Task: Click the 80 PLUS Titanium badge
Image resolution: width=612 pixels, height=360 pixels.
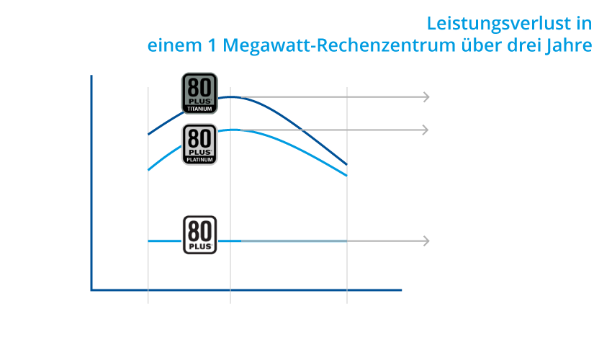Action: click(199, 94)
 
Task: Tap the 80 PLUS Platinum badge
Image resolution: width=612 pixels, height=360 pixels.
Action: click(199, 145)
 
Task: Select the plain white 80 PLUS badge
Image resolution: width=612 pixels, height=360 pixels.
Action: click(199, 235)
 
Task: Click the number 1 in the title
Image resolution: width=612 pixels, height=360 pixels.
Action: click(212, 45)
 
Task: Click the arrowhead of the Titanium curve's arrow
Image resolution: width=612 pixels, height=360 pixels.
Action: click(427, 96)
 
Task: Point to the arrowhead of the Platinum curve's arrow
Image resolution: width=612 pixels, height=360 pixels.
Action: click(426, 130)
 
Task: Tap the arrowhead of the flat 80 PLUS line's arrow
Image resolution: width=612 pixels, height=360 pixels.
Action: click(427, 241)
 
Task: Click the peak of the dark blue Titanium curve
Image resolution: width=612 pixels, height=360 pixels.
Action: click(230, 96)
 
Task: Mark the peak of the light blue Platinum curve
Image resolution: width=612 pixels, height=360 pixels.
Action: click(233, 130)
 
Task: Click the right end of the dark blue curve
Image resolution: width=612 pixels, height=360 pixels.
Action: click(346, 164)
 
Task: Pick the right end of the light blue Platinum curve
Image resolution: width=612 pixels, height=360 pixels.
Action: click(346, 176)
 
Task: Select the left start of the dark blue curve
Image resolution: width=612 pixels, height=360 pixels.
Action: click(148, 135)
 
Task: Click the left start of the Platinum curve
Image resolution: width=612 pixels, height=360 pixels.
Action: click(148, 170)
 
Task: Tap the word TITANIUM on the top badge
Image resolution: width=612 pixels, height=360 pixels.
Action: click(199, 109)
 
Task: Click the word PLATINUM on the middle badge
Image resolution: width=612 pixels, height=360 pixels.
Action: click(199, 160)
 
